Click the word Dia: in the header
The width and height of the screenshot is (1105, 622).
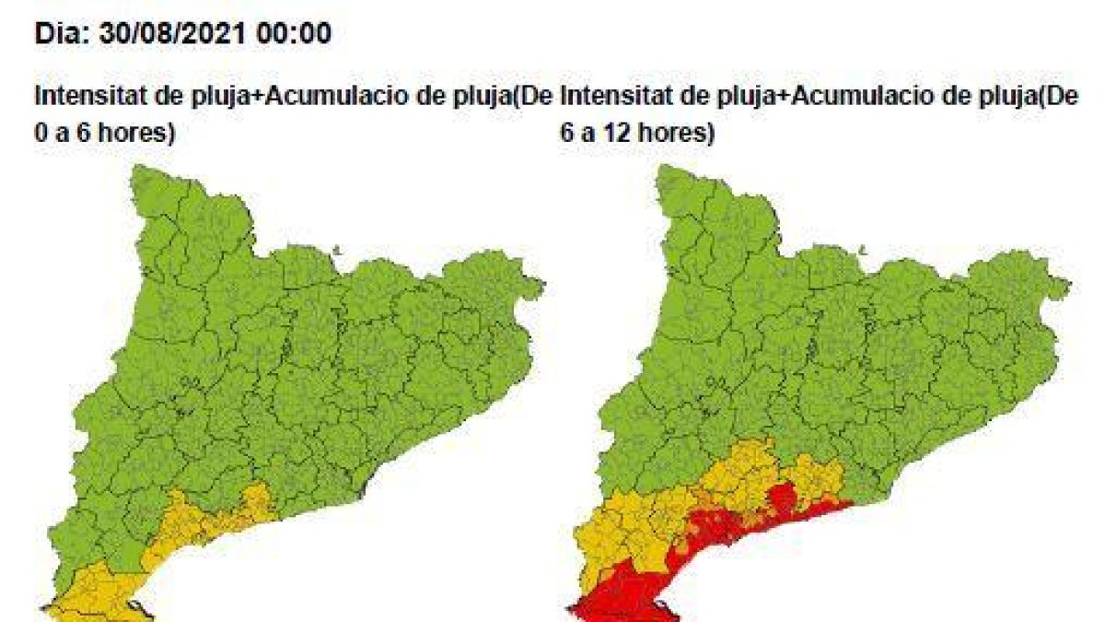pyautogui.click(x=58, y=35)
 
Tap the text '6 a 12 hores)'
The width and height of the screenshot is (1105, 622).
pyautogui.click(x=636, y=131)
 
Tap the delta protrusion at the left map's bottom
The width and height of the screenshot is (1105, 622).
pyautogui.click(x=138, y=608)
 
